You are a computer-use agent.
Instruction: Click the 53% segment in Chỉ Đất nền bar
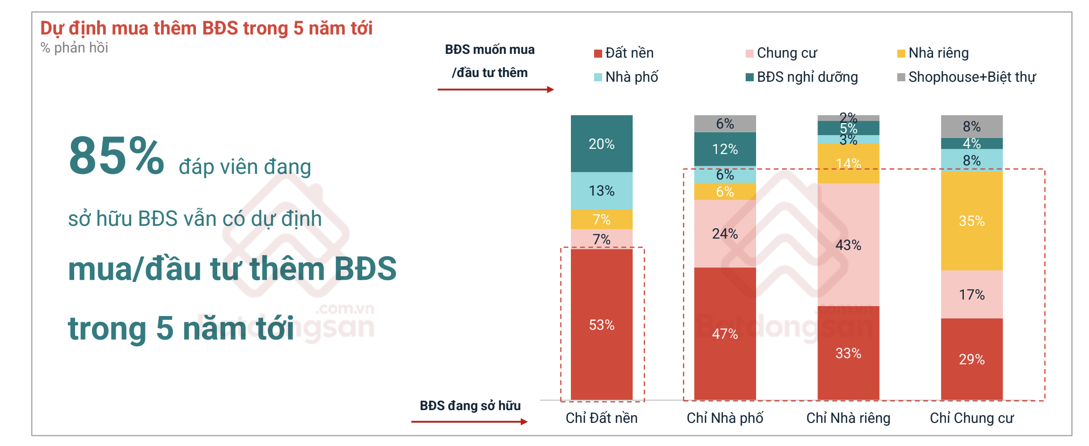tap(601, 325)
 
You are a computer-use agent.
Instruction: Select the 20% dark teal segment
tap(601, 144)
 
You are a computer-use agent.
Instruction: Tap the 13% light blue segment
tap(601, 190)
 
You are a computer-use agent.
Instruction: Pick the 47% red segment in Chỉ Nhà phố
tap(724, 334)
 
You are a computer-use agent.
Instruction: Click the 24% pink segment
tap(724, 233)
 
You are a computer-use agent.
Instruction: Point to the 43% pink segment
tap(848, 245)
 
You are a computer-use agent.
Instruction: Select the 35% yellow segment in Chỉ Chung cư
tap(971, 221)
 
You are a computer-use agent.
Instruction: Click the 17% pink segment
tap(971, 294)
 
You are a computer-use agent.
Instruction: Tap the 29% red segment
tap(971, 359)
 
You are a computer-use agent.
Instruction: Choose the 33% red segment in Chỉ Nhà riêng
tap(848, 353)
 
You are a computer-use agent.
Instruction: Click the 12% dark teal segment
tap(724, 149)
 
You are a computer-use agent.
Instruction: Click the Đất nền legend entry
tap(624, 53)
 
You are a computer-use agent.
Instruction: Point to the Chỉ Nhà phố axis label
tap(724, 418)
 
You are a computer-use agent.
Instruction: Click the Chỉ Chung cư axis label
tap(971, 418)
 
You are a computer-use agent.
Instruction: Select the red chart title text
tap(206, 28)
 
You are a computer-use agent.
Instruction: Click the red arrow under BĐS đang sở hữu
tap(469, 421)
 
